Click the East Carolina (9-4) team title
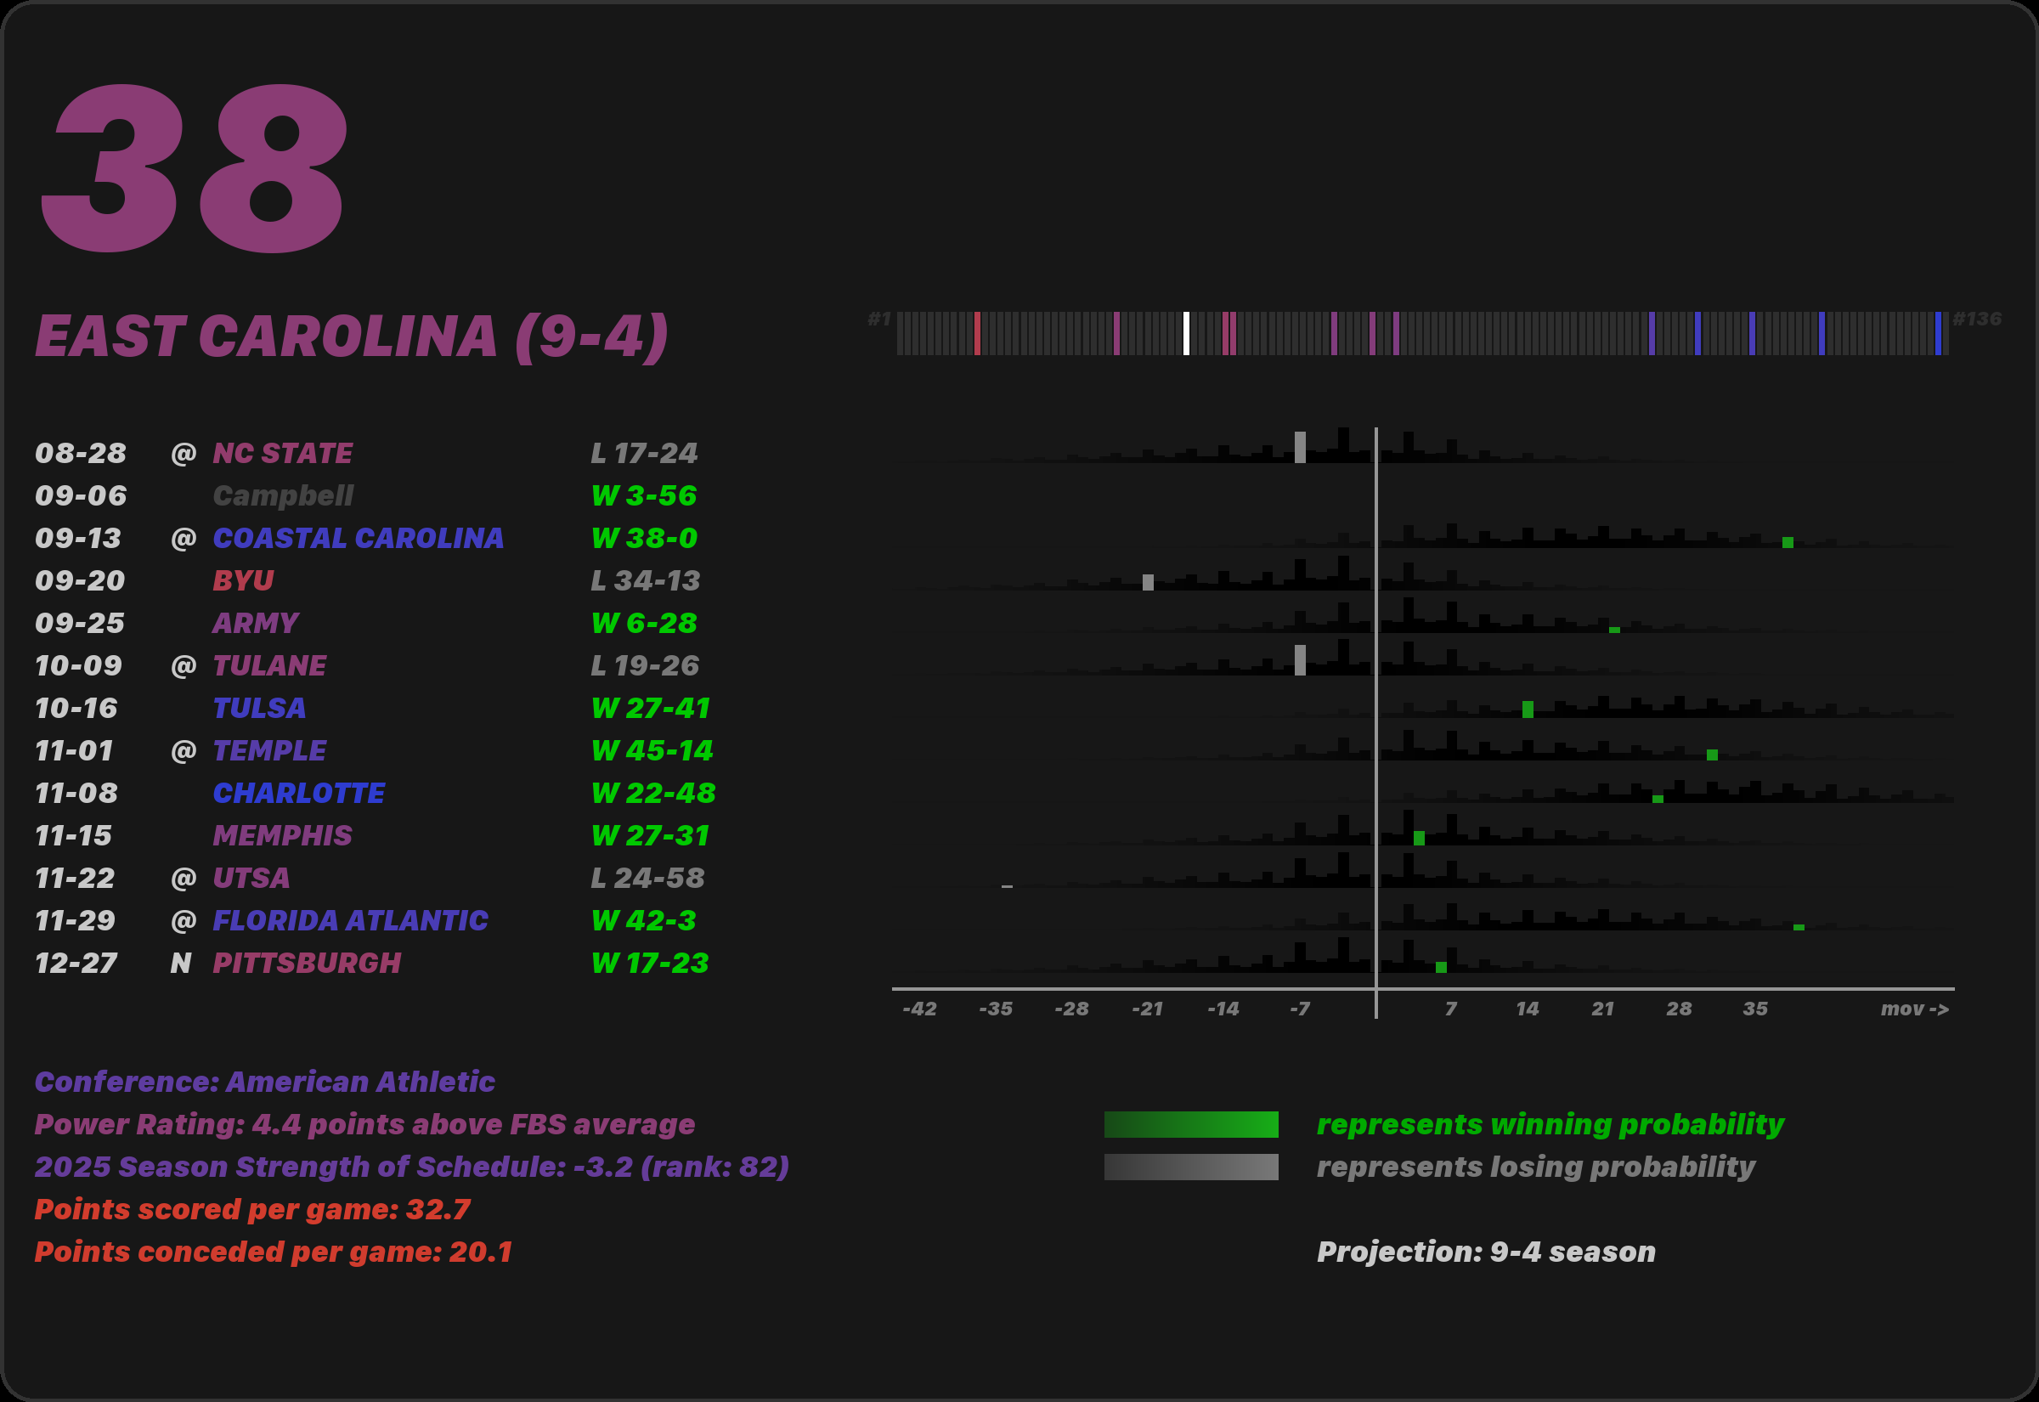[x=351, y=336]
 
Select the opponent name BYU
[x=243, y=580]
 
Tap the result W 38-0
[x=645, y=539]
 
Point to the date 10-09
[x=78, y=666]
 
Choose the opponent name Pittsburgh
[x=307, y=964]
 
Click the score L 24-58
[x=647, y=879]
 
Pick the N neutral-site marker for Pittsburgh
[x=181, y=964]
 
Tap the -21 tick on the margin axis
[x=1147, y=1009]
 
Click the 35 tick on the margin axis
[x=1754, y=1009]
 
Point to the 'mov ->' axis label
[x=1914, y=1009]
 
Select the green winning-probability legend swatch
[x=1191, y=1124]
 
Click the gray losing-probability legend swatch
[x=1191, y=1167]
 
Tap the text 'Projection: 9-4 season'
[x=1486, y=1252]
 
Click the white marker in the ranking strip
[x=1186, y=334]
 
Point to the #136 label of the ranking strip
[x=1977, y=319]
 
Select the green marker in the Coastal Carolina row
[x=1788, y=543]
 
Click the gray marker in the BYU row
[x=1148, y=582]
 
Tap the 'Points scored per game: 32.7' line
[x=252, y=1210]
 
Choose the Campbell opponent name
[x=283, y=496]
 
